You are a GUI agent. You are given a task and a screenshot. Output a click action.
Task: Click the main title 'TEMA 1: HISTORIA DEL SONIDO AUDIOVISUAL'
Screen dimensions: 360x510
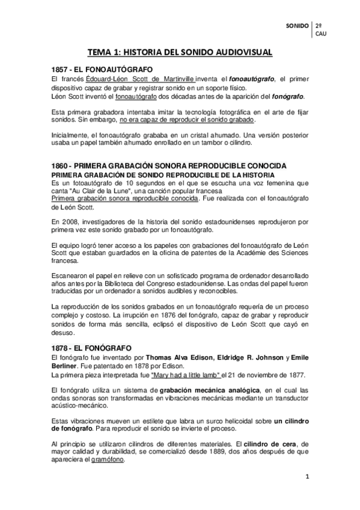pos(180,53)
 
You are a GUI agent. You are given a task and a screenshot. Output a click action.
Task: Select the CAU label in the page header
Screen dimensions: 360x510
pos(322,34)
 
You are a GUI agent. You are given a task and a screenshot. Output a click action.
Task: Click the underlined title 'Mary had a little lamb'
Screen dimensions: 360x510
pos(185,375)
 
